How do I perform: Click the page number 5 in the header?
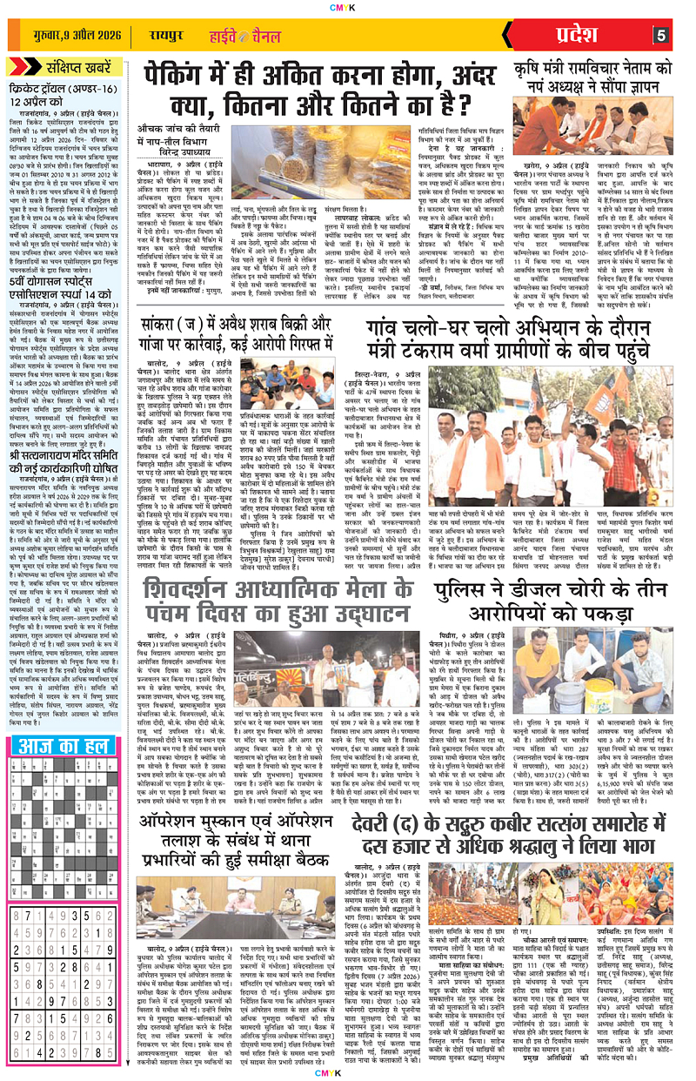660,36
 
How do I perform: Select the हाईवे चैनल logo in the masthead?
228,36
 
